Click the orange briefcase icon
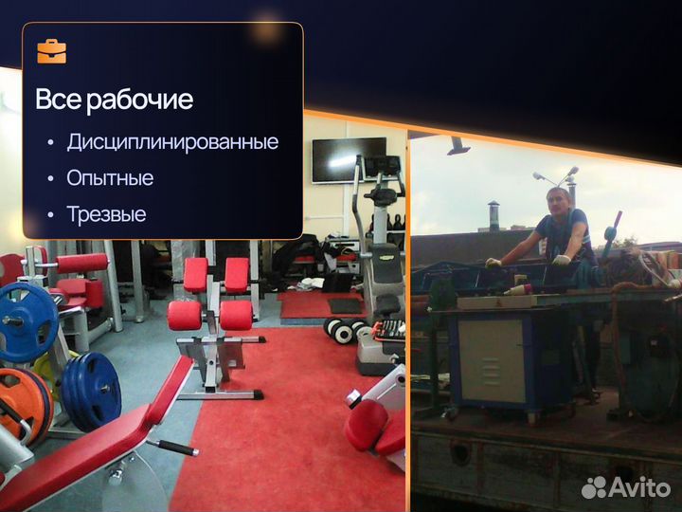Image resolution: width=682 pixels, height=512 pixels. point(51,51)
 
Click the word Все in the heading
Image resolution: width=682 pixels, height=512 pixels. point(59,100)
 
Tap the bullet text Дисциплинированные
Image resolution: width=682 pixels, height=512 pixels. point(172,142)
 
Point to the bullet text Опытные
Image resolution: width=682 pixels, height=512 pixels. point(110,178)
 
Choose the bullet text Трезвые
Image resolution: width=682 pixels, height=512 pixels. point(106,214)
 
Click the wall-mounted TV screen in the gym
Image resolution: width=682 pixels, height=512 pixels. point(349,158)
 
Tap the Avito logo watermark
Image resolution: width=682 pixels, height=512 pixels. point(626,486)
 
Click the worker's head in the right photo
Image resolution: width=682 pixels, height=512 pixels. point(557,202)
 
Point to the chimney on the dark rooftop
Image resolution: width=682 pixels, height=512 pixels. point(493,213)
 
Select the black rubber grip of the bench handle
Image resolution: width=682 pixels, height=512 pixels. point(175,447)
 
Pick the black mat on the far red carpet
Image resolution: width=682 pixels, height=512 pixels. point(345,305)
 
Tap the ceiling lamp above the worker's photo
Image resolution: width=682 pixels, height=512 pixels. point(458,146)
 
